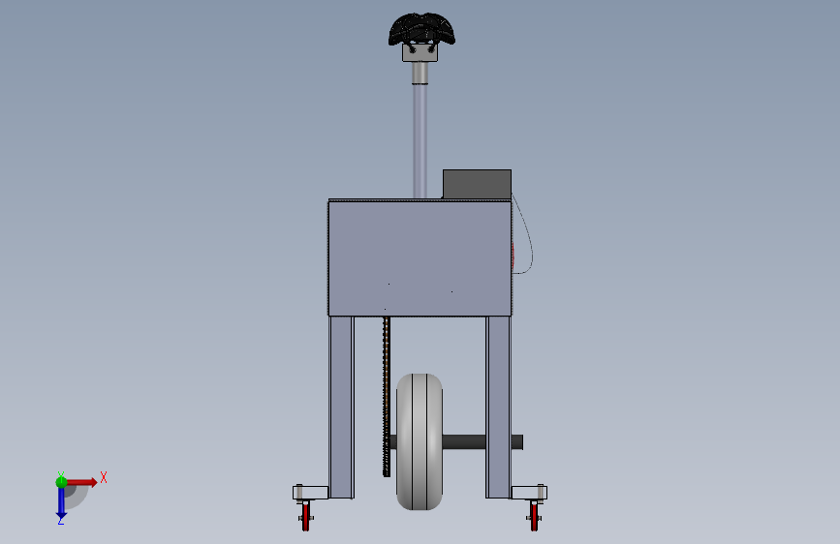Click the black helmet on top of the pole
pyautogui.click(x=421, y=29)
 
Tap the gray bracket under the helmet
pyautogui.click(x=420, y=53)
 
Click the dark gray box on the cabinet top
pyautogui.click(x=477, y=184)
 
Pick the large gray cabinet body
pyautogui.click(x=420, y=257)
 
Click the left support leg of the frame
pyautogui.click(x=341, y=407)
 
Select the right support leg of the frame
pyautogui.click(x=498, y=407)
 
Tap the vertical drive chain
pyautogui.click(x=387, y=396)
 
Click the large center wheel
pyautogui.click(x=420, y=441)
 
